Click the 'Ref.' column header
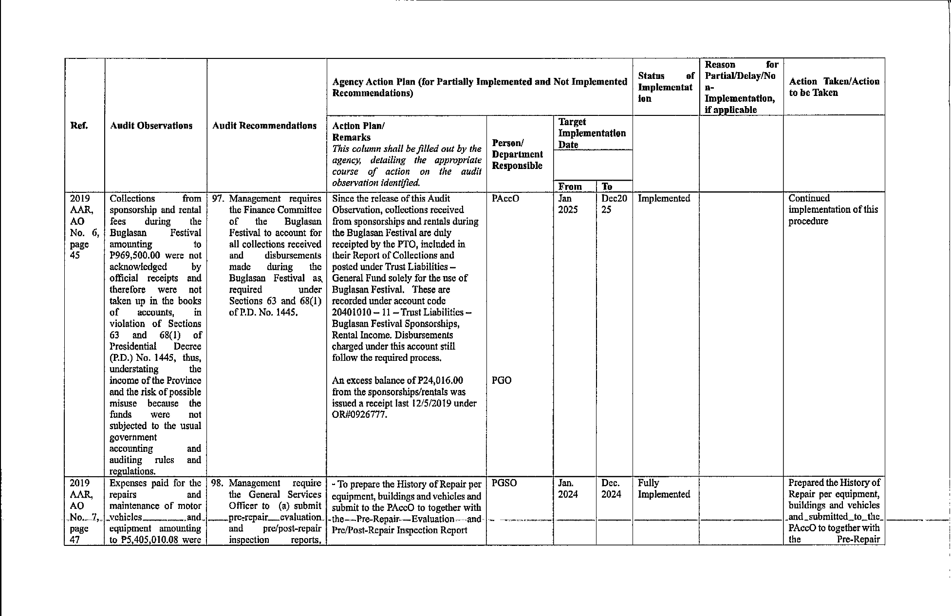click(x=79, y=126)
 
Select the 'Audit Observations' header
click(x=151, y=126)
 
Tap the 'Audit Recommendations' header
click(x=264, y=126)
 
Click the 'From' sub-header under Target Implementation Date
click(x=570, y=187)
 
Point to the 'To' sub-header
click(x=607, y=187)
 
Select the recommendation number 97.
click(x=219, y=199)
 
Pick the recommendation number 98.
click(x=219, y=483)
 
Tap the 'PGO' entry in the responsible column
click(x=502, y=380)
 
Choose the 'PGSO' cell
click(x=504, y=483)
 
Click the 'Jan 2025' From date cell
click(x=568, y=204)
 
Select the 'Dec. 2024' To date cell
click(x=611, y=488)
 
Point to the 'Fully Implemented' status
click(x=664, y=488)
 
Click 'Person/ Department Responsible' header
click(x=517, y=154)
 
